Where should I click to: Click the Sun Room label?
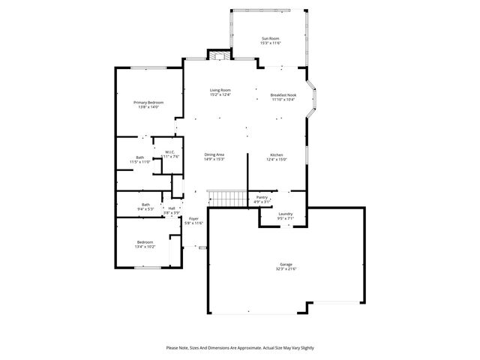pyautogui.click(x=270, y=39)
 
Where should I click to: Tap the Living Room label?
pyautogui.click(x=220, y=90)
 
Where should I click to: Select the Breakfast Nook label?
pyautogui.click(x=283, y=95)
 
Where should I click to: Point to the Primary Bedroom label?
pyautogui.click(x=148, y=102)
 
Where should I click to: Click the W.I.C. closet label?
pyautogui.click(x=169, y=151)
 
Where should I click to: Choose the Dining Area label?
pyautogui.click(x=214, y=154)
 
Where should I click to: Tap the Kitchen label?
pyautogui.click(x=277, y=154)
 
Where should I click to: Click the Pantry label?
pyautogui.click(x=262, y=197)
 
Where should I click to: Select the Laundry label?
pyautogui.click(x=285, y=214)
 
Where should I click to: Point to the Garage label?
pyautogui.click(x=286, y=264)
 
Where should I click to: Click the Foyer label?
pyautogui.click(x=193, y=219)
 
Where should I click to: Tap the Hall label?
pyautogui.click(x=172, y=208)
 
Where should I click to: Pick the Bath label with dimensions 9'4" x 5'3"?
pyautogui.click(x=145, y=205)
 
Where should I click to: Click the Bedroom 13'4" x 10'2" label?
pyautogui.click(x=145, y=242)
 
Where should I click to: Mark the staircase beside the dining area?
pyautogui.click(x=228, y=198)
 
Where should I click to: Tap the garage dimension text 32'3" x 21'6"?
pyautogui.click(x=286, y=268)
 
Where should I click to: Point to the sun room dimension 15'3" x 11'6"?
pyautogui.click(x=270, y=43)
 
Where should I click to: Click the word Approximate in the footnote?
pyautogui.click(x=241, y=348)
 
